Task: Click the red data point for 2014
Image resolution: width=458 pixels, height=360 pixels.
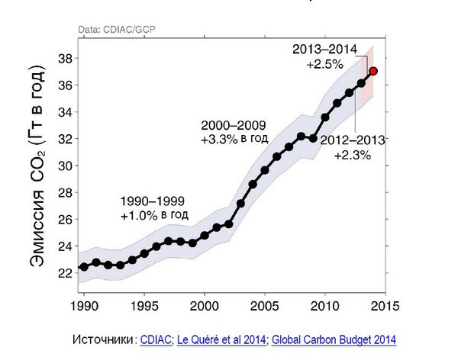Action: coord(373,71)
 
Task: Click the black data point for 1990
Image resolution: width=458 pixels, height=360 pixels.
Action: coord(84,268)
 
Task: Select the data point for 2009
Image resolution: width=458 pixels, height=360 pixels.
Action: coord(313,139)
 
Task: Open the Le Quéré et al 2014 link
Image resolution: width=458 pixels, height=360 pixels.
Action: coord(221,339)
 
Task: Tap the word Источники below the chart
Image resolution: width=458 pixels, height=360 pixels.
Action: coord(102,339)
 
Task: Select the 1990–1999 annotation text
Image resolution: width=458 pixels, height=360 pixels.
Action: coord(153,202)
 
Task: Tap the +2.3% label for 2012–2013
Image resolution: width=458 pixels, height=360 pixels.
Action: coord(353,155)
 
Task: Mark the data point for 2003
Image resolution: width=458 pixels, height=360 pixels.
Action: coord(240,204)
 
